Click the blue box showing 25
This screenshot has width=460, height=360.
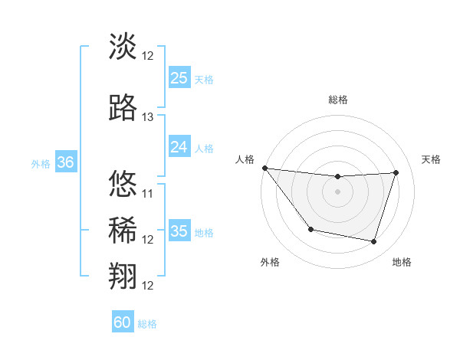coord(179,78)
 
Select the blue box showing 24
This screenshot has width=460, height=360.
coord(179,147)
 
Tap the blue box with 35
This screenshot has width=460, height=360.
coord(179,231)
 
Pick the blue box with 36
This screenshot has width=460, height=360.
coord(65,162)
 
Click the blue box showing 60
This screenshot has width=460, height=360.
coord(122,322)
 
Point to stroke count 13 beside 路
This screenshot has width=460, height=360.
coord(148,117)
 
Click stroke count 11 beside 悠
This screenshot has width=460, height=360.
coord(148,193)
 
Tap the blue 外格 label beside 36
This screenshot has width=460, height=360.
coord(40,163)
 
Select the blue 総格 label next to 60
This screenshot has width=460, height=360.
coord(147,324)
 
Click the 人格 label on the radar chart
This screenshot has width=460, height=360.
coord(245,159)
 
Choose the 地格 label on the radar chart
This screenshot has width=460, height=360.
coord(402,262)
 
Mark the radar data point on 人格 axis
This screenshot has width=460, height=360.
coord(264,168)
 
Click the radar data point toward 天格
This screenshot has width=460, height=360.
coord(396,172)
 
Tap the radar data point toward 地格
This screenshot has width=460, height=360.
coord(374,242)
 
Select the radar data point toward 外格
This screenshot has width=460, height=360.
coord(310,229)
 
